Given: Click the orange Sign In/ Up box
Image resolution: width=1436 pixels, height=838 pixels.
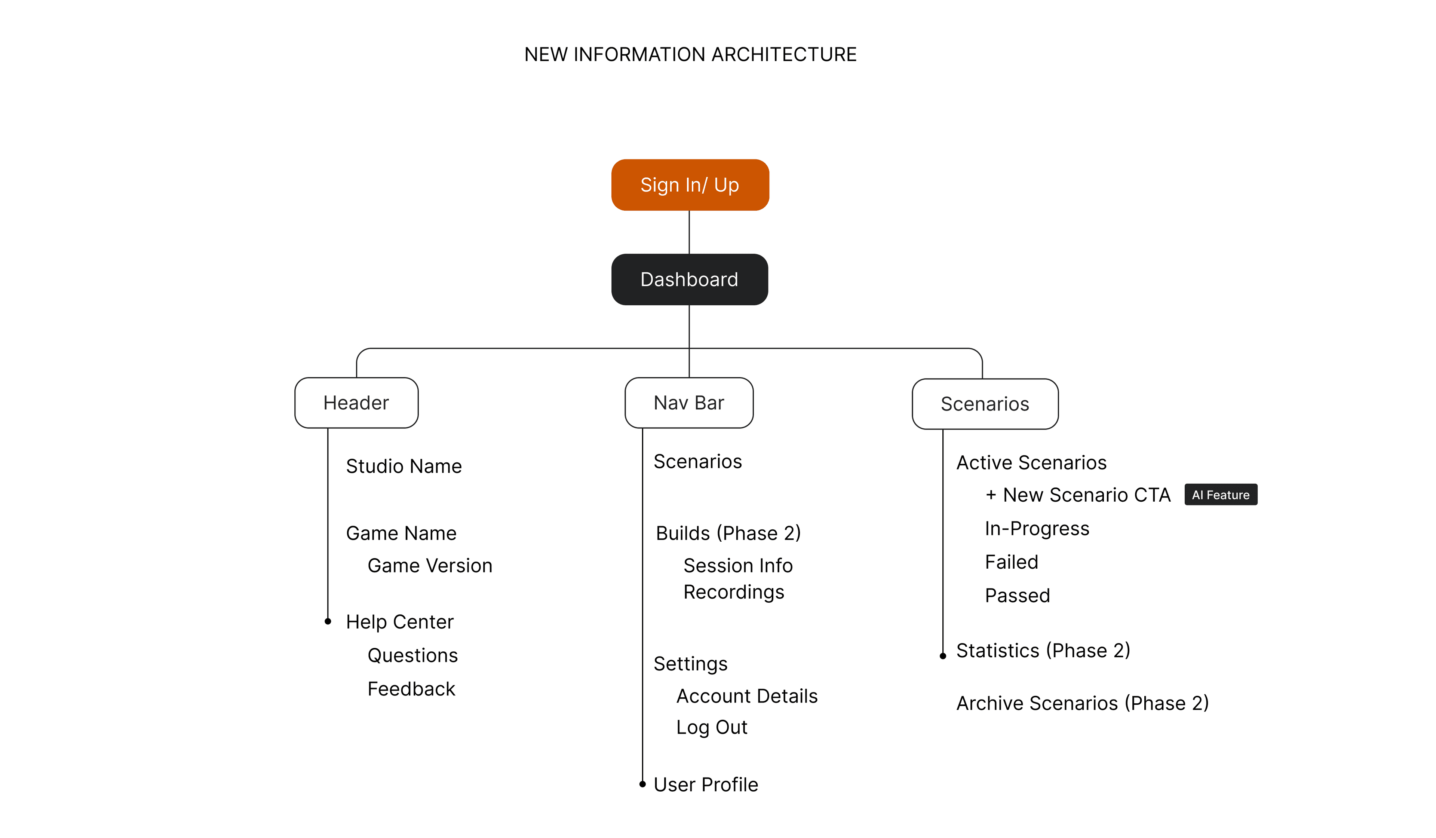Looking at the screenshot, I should pos(690,185).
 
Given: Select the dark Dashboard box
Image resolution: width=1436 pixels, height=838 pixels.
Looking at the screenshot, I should pos(690,279).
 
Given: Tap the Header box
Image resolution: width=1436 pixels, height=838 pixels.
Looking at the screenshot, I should pos(356,403).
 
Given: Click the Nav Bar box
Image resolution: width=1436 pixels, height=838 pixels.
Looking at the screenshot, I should pos(689,403).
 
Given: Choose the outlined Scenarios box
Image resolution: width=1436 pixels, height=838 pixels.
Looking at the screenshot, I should pos(985,404).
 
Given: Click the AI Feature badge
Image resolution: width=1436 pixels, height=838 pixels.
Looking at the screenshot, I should pos(1221,495).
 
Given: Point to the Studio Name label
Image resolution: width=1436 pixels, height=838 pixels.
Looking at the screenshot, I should pos(404,466).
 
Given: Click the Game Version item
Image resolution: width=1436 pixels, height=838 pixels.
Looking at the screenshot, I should pos(430,566).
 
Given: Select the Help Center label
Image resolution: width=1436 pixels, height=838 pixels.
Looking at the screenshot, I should pos(399,621).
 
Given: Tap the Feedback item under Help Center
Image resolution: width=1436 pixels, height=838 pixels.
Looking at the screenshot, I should pos(411,689).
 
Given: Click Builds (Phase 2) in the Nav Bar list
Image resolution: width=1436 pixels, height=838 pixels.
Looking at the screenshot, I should pos(728,533).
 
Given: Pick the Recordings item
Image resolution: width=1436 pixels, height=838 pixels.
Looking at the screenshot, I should pos(733,592).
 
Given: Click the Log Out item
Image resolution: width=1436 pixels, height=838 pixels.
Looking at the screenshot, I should pos(711,727).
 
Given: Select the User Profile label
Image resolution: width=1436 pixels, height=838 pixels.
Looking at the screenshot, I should pos(705,785).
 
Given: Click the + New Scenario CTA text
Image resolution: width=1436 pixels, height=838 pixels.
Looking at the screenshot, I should pos(1078,495).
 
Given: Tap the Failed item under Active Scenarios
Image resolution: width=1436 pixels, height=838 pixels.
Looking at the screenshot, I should pos(1012,562).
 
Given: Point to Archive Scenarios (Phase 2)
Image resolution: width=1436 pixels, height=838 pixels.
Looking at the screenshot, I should pos(1082,703).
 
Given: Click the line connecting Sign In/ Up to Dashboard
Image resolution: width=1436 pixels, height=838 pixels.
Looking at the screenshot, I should pos(690,232).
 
